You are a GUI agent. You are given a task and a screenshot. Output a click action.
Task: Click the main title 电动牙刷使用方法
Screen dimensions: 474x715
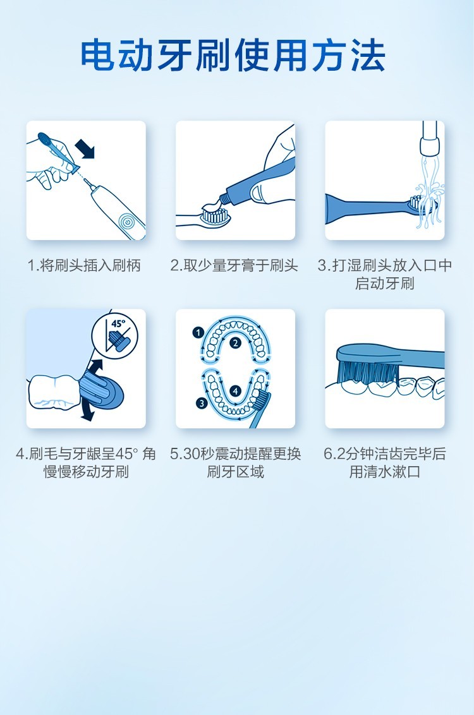tap(233, 56)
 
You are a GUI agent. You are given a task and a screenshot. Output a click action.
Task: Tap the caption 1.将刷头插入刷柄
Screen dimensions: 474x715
tap(85, 265)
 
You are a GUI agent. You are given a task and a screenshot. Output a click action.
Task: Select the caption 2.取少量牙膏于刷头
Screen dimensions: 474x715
tap(234, 265)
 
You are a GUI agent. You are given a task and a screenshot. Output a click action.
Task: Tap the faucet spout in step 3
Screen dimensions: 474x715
tap(429, 138)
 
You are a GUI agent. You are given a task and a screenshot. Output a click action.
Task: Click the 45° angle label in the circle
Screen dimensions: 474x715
tap(118, 323)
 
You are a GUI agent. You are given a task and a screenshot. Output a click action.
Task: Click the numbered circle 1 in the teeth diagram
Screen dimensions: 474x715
tap(198, 332)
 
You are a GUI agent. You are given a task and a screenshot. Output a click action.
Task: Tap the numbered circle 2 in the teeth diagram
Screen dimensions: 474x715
tap(235, 344)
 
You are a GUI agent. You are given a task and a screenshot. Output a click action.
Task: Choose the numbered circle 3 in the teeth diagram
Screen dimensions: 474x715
tap(201, 403)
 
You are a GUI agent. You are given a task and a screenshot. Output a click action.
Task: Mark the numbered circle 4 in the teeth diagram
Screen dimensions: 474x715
tap(235, 391)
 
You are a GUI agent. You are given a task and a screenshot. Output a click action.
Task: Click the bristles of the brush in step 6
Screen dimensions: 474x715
tap(367, 371)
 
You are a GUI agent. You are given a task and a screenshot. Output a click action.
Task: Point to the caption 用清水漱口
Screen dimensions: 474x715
tap(385, 471)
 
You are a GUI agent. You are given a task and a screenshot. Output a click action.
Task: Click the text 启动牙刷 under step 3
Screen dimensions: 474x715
tap(385, 283)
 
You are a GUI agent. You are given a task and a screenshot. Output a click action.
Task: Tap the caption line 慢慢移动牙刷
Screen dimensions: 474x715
tap(86, 471)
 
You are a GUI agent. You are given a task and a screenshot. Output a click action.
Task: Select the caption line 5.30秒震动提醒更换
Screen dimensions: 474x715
tap(235, 454)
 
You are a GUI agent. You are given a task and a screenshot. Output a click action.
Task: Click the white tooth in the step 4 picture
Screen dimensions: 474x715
tap(55, 391)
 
